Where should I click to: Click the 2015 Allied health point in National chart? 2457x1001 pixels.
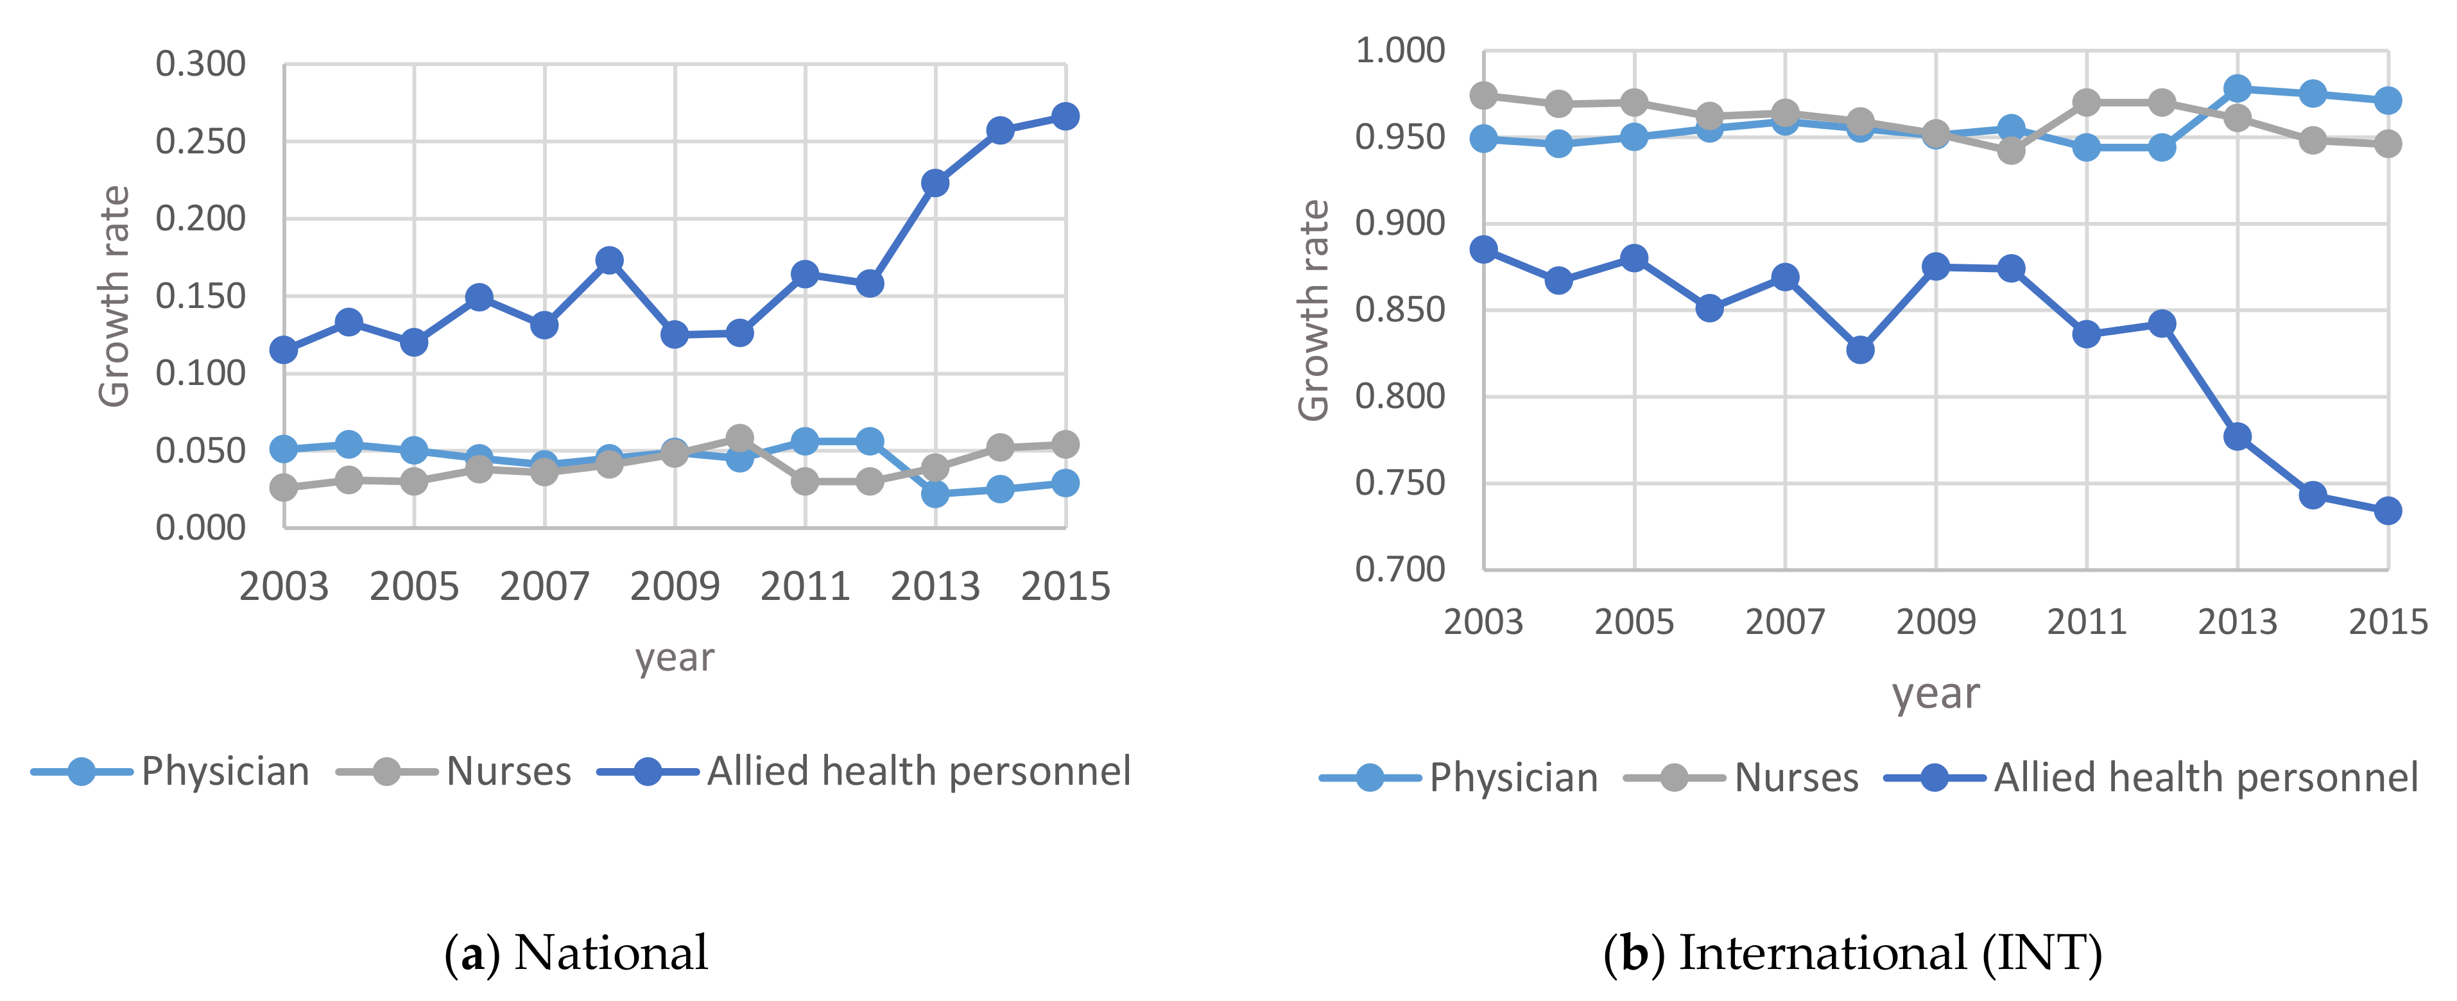1065,116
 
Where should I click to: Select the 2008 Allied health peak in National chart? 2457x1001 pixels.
610,261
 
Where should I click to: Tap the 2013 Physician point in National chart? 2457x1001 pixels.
935,494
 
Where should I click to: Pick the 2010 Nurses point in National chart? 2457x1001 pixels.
739,438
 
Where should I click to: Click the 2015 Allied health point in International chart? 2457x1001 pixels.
2388,511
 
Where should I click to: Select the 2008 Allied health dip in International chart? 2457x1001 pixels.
1860,350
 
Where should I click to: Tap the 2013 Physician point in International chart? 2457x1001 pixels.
2237,89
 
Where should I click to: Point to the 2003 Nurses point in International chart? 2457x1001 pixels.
1483,96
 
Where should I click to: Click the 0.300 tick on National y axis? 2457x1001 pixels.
200,65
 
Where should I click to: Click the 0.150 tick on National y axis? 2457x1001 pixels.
200,296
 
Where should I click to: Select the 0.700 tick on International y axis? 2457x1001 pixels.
1399,570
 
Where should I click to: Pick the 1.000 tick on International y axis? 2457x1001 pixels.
1399,51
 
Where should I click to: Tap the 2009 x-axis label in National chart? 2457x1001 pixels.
675,586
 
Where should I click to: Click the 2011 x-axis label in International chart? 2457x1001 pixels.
2086,622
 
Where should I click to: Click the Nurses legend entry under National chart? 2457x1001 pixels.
508,771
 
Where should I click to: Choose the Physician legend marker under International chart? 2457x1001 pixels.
1370,778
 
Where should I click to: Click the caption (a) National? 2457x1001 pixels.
576,952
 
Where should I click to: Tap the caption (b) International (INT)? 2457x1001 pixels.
1852,952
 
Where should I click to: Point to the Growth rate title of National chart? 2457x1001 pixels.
114,296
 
